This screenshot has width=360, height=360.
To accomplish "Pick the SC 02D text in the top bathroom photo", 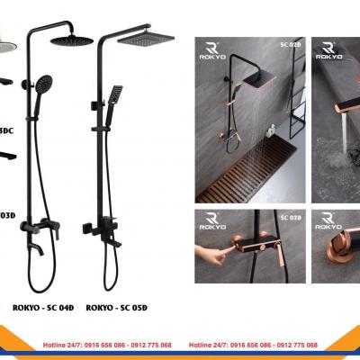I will tap(287, 42).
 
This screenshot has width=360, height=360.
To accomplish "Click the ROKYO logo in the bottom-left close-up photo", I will tap(212, 222).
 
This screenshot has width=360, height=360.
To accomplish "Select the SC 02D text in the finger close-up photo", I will tap(290, 218).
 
